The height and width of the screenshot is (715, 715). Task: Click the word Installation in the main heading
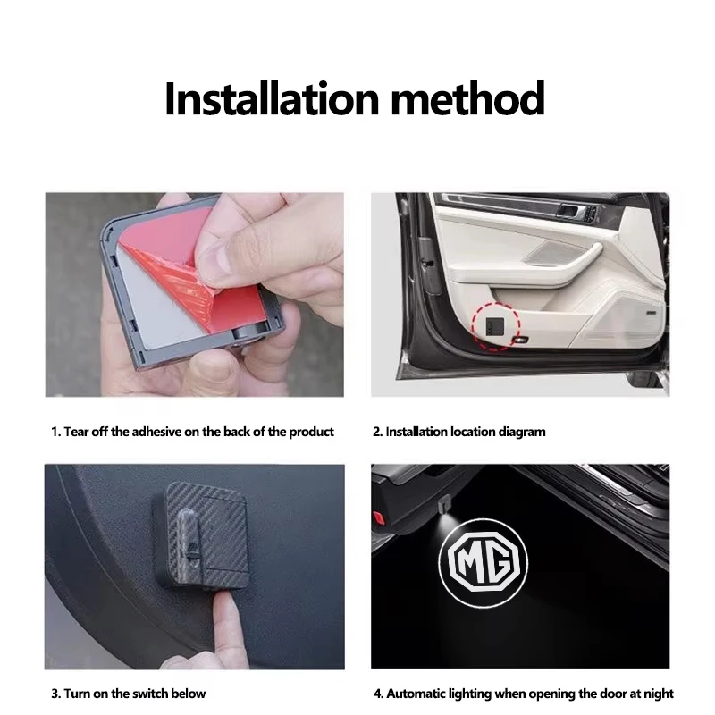pos(272,98)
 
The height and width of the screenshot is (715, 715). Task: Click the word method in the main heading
pos(467,98)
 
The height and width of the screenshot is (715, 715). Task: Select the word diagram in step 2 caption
pos(522,432)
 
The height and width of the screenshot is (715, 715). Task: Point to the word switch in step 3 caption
pos(149,694)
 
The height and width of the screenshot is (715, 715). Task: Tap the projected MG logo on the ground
pos(484,561)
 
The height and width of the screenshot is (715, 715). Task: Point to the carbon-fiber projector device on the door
pos(200,534)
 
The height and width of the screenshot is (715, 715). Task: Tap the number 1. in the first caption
pos(55,432)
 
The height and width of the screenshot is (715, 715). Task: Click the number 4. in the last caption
pos(378,694)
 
